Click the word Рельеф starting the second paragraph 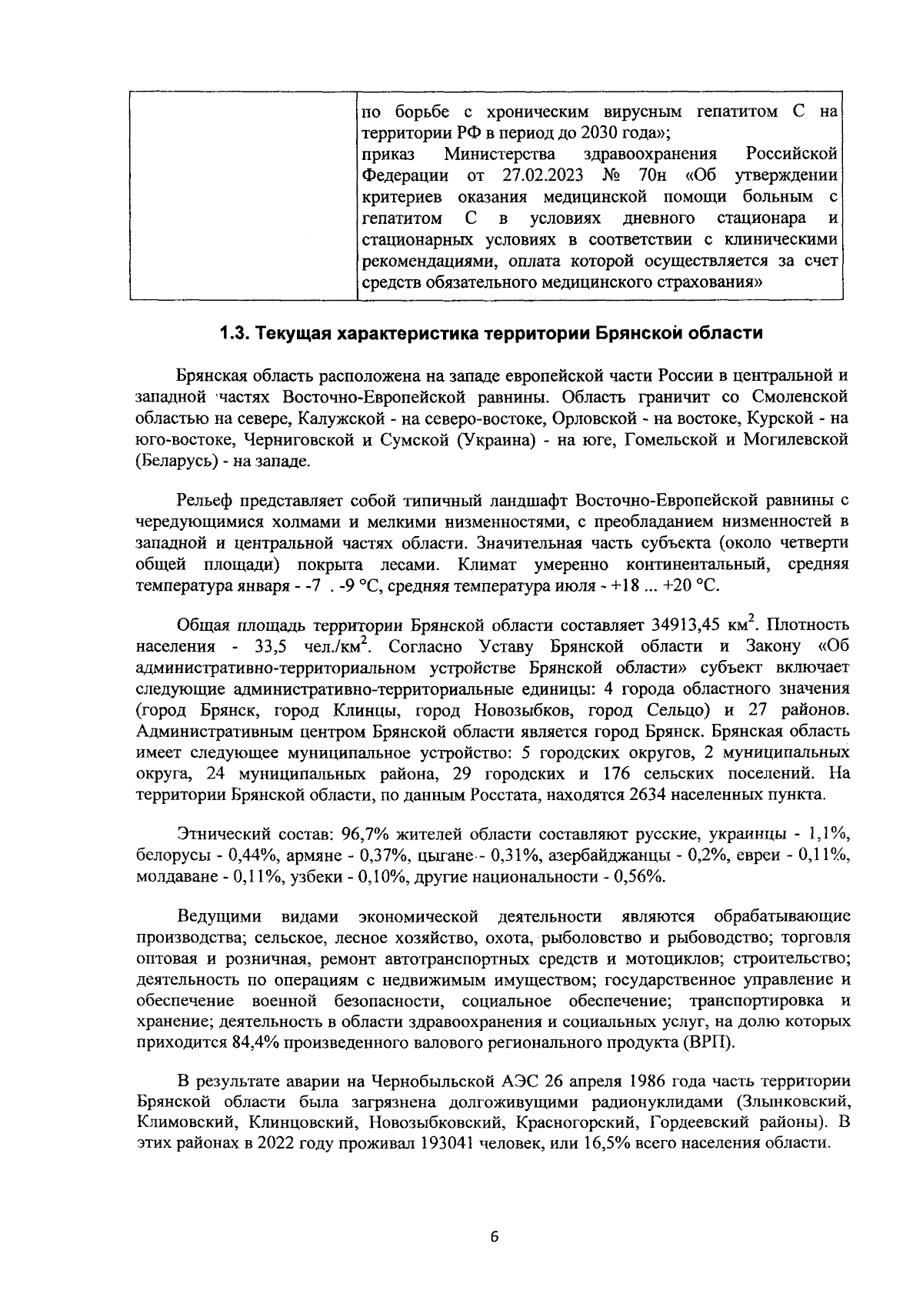point(205,502)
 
